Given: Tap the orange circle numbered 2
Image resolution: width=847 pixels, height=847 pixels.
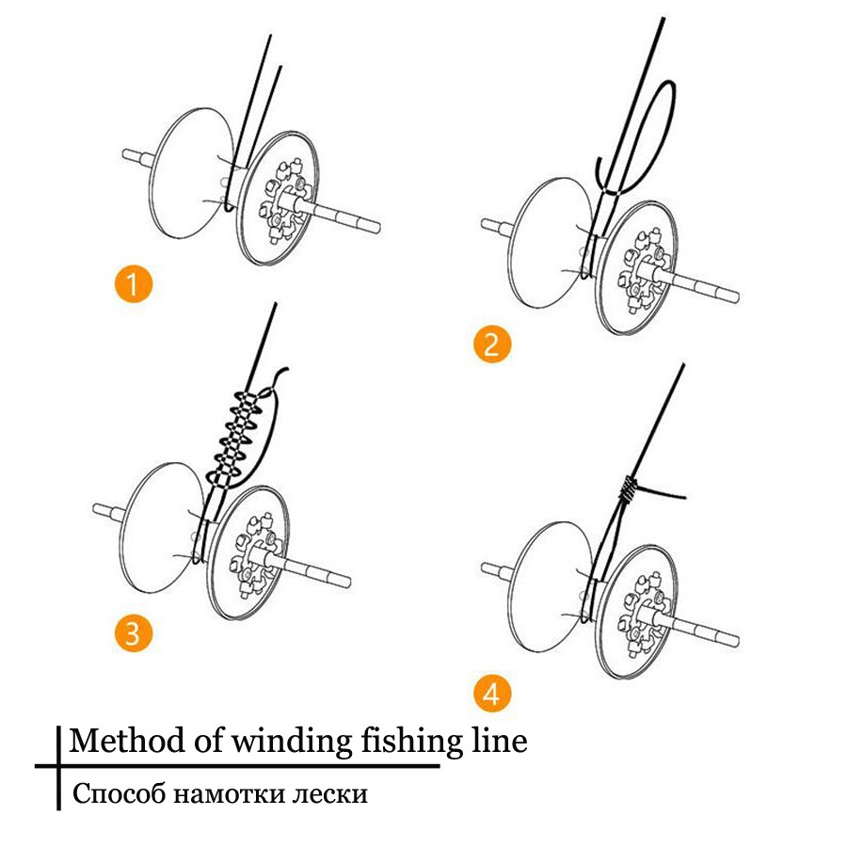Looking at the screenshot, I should (x=491, y=344).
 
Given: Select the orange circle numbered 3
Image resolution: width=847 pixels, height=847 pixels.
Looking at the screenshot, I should (x=133, y=632).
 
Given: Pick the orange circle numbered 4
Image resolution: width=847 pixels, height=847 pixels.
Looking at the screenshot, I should (x=491, y=695).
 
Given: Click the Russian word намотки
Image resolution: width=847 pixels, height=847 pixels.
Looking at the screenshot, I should (x=226, y=794).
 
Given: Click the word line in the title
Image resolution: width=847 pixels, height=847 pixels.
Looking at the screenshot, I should (x=498, y=741).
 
